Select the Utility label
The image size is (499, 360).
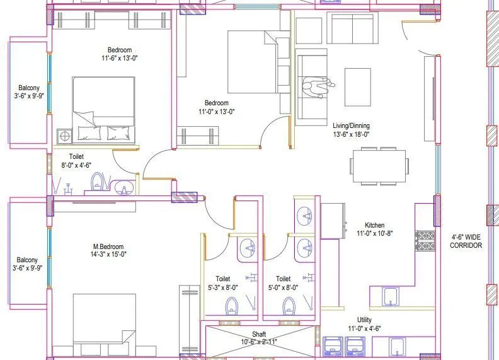tap(364, 320)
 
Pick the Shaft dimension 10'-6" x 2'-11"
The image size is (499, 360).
tap(260, 342)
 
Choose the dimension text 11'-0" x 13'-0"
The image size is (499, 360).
tap(216, 112)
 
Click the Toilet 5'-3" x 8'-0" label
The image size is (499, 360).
tap(222, 282)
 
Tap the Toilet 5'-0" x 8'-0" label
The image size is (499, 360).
tap(283, 282)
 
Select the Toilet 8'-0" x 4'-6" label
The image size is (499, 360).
tap(76, 161)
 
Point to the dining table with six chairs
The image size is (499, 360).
tap(379, 166)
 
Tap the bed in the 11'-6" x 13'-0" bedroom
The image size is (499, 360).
tap(103, 108)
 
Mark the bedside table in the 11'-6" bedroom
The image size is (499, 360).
tap(64, 135)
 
